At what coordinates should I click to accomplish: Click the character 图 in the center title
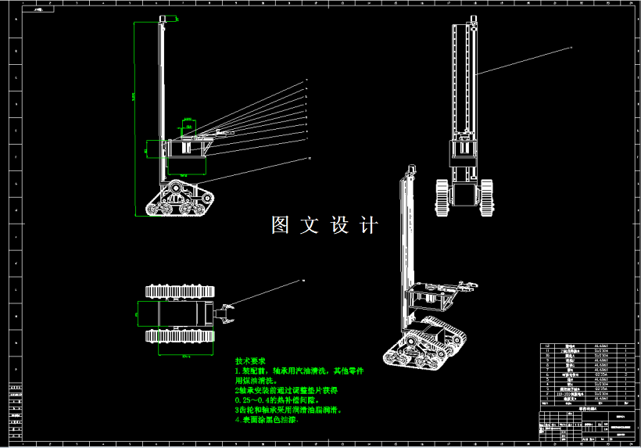(x=281, y=225)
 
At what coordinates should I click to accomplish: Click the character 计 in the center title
(x=369, y=225)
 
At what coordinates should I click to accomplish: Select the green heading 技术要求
(x=250, y=362)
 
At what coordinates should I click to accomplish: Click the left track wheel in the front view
(x=442, y=196)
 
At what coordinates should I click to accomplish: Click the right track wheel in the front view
(x=486, y=196)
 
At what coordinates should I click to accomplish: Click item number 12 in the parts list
(x=546, y=345)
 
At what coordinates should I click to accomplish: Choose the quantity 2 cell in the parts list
(x=626, y=375)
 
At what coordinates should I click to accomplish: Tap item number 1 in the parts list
(x=546, y=398)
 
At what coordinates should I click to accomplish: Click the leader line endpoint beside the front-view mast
(x=571, y=48)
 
